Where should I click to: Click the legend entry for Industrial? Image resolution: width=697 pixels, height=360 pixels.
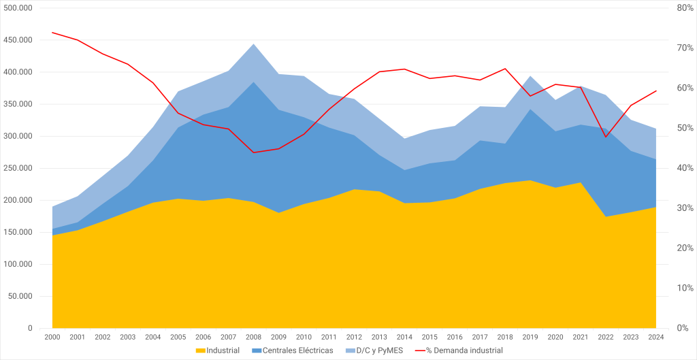tap(217, 350)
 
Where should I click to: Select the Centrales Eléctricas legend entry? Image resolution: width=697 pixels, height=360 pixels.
tap(293, 350)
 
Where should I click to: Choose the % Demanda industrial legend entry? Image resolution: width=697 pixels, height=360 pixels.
tap(459, 350)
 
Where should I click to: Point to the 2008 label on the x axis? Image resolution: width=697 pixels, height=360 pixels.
tap(253, 337)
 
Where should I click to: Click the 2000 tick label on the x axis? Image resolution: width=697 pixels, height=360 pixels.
tap(52, 337)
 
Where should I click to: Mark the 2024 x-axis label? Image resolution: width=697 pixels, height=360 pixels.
tap(655, 337)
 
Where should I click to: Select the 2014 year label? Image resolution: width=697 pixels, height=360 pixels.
tap(404, 337)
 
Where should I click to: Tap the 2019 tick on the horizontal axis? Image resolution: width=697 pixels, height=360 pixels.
tap(530, 337)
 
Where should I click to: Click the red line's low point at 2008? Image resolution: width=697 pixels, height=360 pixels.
tap(253, 152)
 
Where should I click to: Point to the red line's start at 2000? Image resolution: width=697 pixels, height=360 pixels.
tap(52, 33)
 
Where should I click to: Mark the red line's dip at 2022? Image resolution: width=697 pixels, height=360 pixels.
tap(605, 137)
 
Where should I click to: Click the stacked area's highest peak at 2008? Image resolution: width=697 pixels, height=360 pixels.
tap(253, 44)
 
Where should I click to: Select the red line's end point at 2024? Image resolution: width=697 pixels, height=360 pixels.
tap(655, 91)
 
